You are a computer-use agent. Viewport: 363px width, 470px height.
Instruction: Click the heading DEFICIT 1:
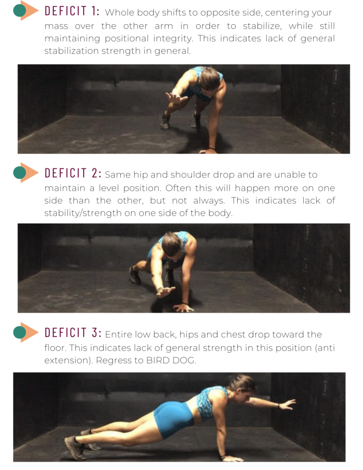point(72,11)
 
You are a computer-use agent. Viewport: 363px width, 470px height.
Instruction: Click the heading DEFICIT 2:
point(73,173)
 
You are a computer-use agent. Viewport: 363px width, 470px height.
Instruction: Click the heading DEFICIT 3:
point(73,332)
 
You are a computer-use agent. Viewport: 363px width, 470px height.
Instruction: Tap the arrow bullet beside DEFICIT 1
point(26,11)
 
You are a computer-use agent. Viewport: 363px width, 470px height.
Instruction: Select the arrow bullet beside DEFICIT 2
point(26,173)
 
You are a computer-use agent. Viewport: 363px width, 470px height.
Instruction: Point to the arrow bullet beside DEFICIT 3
point(26,332)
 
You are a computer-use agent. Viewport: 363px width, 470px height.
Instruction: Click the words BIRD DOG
point(171,360)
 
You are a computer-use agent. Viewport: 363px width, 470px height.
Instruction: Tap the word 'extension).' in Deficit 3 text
point(68,360)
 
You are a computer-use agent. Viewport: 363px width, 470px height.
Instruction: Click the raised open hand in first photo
point(175,98)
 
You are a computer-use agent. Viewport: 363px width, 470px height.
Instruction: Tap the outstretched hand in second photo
point(166,291)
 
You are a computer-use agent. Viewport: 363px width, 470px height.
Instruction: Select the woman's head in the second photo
point(172,245)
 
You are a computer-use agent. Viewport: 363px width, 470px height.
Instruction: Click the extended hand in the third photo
point(287,404)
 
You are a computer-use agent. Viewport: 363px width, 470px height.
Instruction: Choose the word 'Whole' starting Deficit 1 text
point(119,13)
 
